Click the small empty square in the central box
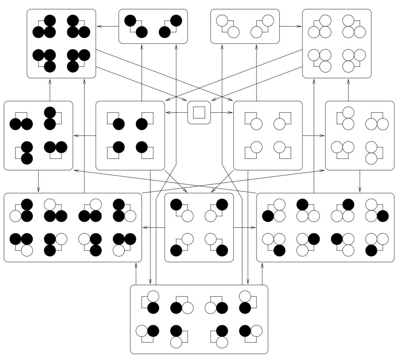(x=199, y=112)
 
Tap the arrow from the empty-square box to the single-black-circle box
(x=176, y=112)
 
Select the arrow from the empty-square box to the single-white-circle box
(x=222, y=112)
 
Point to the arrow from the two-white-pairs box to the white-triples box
(x=291, y=26)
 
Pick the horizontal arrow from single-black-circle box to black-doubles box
(x=84, y=135)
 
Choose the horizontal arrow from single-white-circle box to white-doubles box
(x=314, y=135)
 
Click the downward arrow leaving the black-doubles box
(x=38, y=181)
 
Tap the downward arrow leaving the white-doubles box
(x=360, y=181)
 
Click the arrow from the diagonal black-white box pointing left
(x=153, y=227)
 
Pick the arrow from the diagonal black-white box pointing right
(x=245, y=227)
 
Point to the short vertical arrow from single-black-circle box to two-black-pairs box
(x=142, y=73)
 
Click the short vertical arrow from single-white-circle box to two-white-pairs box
(x=256, y=73)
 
